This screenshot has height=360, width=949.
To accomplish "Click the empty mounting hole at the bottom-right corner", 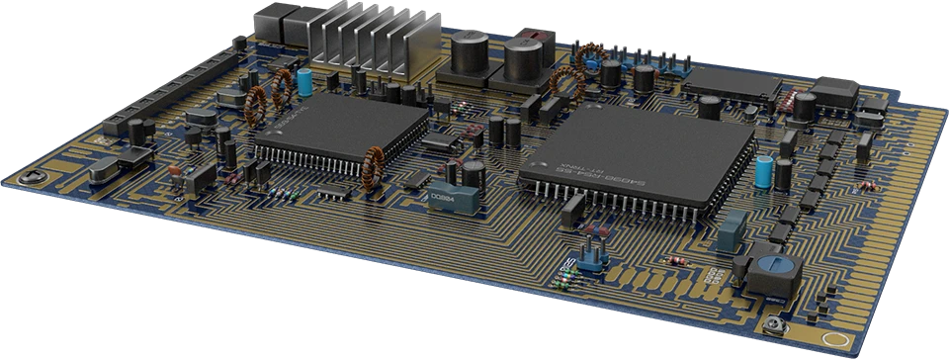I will coord(776,327).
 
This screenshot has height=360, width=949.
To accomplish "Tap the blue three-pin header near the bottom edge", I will coord(591,257).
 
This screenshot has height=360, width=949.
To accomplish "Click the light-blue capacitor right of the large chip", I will coord(765,170).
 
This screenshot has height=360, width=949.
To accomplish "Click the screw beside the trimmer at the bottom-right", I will coord(776,327).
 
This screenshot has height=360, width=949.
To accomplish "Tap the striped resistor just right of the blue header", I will coord(677,259).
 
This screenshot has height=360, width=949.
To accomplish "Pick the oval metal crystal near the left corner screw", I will coord(109,169).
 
